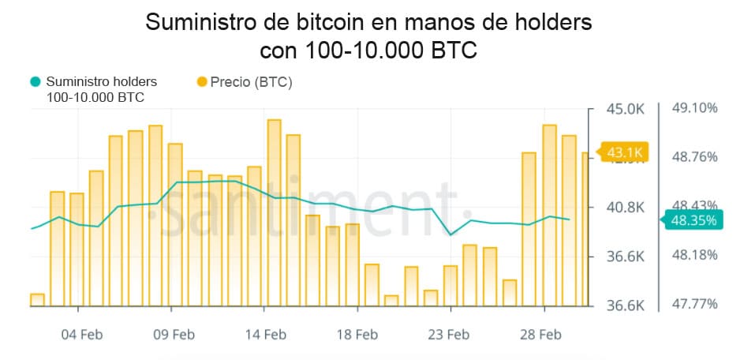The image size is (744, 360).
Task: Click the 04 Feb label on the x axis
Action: (82, 335)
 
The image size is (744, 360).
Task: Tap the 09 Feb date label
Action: (173, 335)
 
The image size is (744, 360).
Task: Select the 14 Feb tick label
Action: (265, 335)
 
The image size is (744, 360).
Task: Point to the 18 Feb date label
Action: (357, 335)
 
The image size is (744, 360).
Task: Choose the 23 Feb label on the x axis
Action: (448, 335)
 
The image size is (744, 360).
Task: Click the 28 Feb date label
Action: (540, 335)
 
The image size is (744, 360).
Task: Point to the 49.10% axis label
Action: (694, 108)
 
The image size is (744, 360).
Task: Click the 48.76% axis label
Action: (694, 156)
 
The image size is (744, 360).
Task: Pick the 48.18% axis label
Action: (694, 255)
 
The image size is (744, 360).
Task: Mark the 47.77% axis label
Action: (694, 304)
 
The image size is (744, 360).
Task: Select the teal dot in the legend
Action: (35, 81)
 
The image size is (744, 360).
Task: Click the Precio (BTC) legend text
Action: (251, 81)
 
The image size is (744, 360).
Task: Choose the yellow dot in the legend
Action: (200, 81)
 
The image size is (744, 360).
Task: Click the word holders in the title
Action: (549, 23)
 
